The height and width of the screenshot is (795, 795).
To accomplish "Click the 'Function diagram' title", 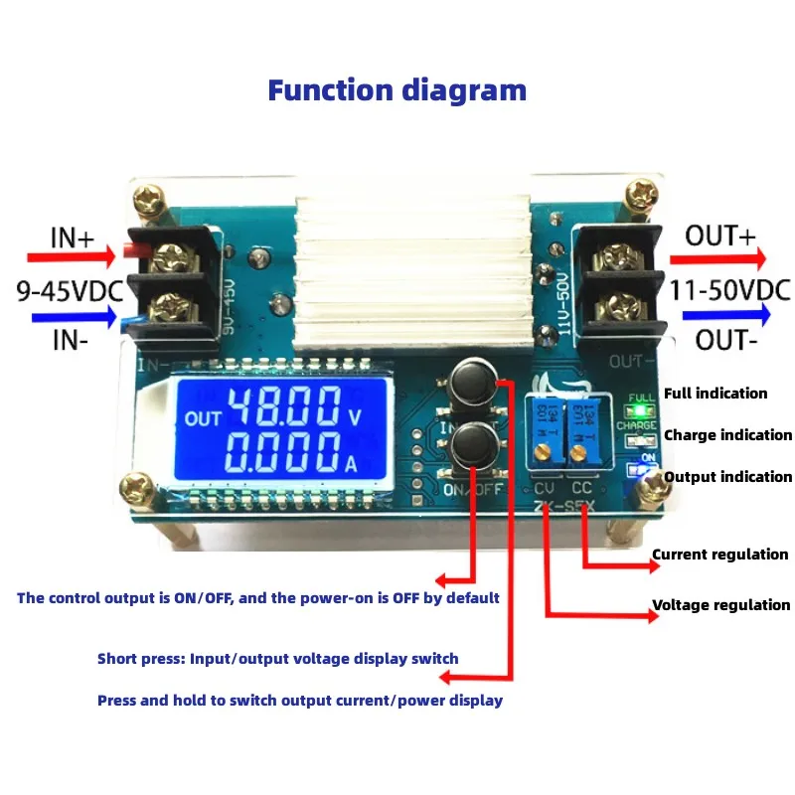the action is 397,90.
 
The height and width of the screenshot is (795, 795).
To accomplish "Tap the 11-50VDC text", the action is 728,290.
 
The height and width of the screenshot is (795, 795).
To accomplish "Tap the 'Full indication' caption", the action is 715,394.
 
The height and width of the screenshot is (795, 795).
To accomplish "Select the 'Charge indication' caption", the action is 727,435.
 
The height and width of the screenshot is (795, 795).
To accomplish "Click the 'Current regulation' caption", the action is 719,555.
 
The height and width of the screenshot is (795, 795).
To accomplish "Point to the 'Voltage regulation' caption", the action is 720,604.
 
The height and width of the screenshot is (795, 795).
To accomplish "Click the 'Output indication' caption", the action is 727,477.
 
